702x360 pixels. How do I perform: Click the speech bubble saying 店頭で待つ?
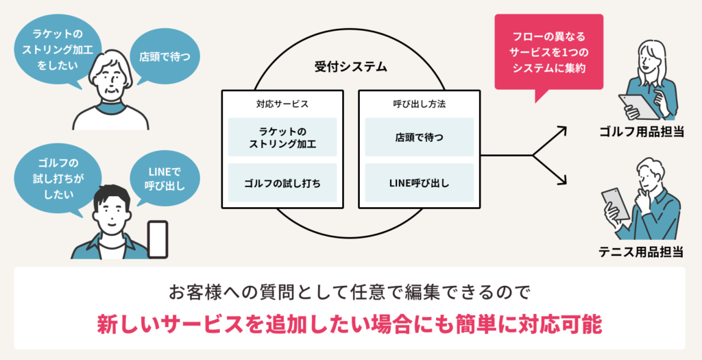pos(165,56)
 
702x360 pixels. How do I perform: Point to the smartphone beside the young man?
pos(158,239)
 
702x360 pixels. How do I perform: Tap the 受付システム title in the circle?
pos(350,67)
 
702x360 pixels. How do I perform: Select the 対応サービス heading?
pos(282,104)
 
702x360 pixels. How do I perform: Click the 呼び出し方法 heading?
pos(419,104)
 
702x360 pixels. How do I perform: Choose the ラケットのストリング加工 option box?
pos(282,137)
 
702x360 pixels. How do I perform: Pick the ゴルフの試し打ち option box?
pos(282,183)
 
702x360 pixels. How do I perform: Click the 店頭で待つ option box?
pos(419,137)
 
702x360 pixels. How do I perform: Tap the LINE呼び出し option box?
pos(419,183)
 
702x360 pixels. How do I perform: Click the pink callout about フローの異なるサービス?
pos(548,53)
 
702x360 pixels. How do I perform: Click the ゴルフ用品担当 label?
pos(641,132)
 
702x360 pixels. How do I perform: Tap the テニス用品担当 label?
pos(641,252)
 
